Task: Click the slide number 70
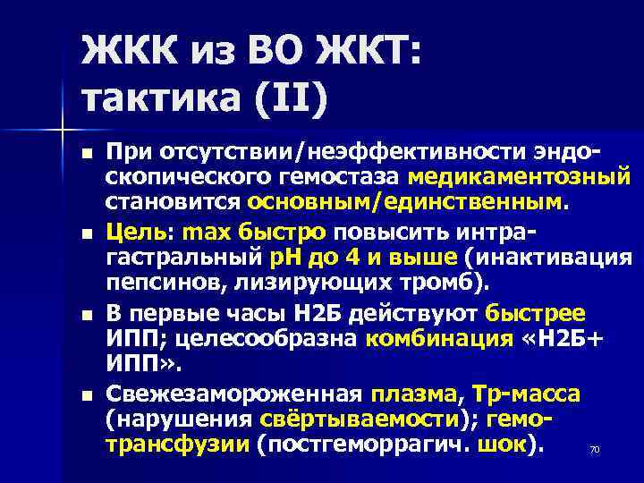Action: pos(594,450)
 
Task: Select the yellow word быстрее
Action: pos(535,313)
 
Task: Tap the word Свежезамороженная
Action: pos(233,394)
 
